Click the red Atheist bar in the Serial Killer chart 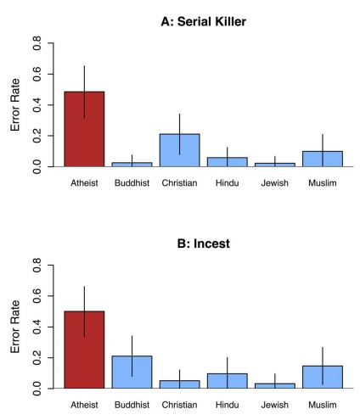[x=84, y=129]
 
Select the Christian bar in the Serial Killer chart [x=179, y=150]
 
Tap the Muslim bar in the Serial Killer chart [x=323, y=159]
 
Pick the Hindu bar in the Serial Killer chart [x=227, y=162]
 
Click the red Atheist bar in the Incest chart [x=84, y=350]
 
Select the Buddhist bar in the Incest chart [x=132, y=372]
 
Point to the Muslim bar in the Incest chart [x=323, y=377]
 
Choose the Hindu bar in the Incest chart [x=227, y=381]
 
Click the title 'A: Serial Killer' [x=204, y=21]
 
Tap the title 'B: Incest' [x=204, y=244]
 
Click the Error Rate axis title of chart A [x=15, y=104]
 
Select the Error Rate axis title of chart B [x=15, y=327]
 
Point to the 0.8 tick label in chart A [x=37, y=43]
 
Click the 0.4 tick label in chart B [x=37, y=327]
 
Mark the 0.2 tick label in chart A [x=37, y=136]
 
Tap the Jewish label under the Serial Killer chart [x=274, y=183]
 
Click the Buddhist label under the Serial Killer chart [x=132, y=183]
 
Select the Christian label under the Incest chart [x=179, y=405]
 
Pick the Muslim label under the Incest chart [x=323, y=405]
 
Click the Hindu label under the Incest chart [x=227, y=405]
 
